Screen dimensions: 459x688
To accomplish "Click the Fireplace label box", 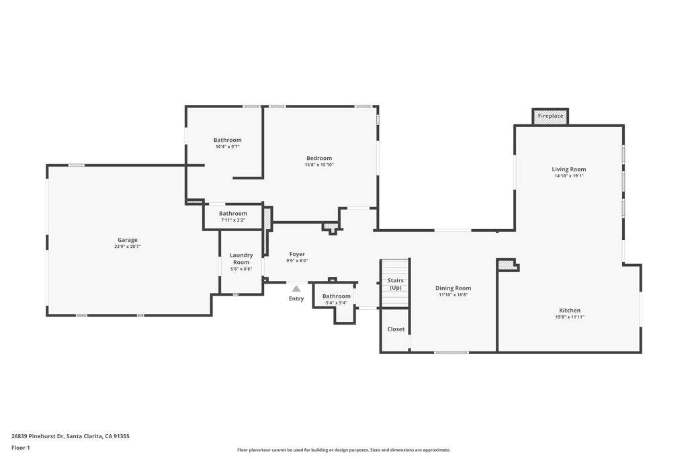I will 550,116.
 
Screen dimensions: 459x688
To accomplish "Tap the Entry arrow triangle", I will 296,289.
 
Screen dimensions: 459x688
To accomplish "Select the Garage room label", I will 128,240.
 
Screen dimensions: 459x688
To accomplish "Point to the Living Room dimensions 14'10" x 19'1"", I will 569,176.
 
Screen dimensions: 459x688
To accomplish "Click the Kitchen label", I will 569,310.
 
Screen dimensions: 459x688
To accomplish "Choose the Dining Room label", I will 455,288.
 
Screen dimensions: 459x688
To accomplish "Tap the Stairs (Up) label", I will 396,284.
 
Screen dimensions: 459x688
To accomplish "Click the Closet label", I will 396,329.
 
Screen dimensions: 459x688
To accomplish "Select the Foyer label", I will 297,254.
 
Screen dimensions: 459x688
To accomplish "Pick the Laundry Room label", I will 241,259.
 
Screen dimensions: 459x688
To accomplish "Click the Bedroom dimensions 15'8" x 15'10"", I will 319,165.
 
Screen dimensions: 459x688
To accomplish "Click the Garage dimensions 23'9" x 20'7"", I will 128,247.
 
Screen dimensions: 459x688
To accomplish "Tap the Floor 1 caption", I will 21,448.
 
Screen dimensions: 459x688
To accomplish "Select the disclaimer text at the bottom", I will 343,450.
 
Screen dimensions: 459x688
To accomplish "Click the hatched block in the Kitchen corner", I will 506,265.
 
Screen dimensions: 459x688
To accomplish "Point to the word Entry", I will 296,298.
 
